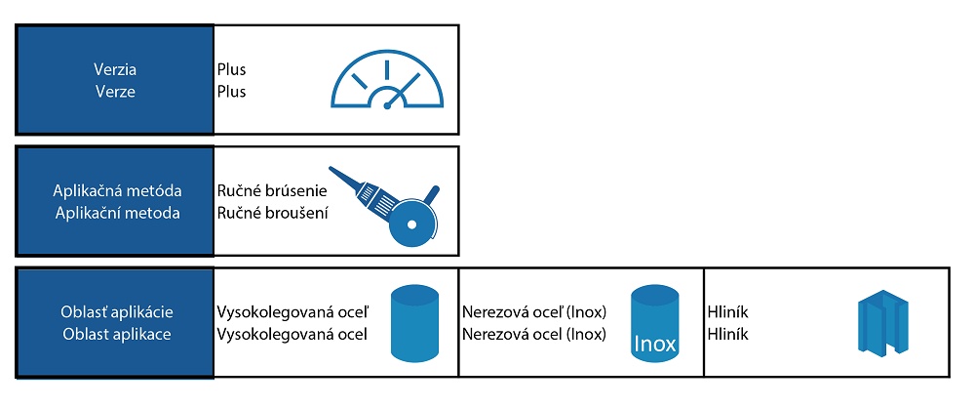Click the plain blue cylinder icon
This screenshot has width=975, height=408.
[415, 323]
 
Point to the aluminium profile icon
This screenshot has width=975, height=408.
[882, 323]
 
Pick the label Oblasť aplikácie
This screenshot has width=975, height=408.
[115, 312]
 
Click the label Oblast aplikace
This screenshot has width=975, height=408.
[115, 335]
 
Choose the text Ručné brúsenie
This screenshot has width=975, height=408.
[271, 190]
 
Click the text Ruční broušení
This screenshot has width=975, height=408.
[272, 212]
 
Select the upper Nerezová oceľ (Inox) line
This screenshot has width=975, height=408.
[534, 312]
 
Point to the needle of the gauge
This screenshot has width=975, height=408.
[393, 99]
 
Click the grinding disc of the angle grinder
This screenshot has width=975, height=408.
[418, 220]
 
